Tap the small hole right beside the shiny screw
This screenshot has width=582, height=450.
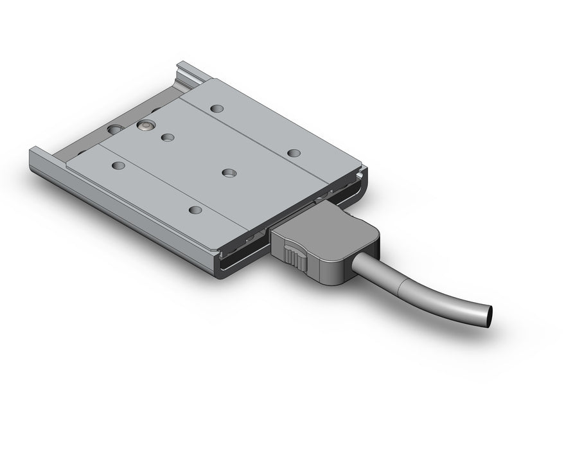pyautogui.click(x=168, y=137)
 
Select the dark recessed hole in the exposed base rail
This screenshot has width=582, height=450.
pyautogui.click(x=115, y=130)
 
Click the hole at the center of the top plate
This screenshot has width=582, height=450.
pyautogui.click(x=228, y=172)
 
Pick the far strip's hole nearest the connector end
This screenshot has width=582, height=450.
pyautogui.click(x=294, y=153)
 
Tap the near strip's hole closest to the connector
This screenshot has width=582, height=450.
pyautogui.click(x=196, y=210)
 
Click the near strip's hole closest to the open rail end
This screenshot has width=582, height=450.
pyautogui.click(x=118, y=166)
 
